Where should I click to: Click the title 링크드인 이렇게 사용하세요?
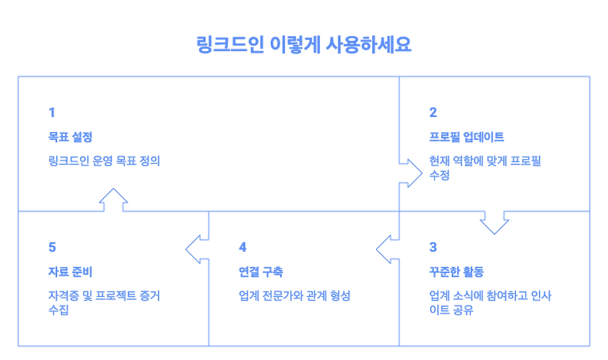304,45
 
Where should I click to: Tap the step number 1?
52,113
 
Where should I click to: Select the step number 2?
433,113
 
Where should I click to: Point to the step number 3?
433,247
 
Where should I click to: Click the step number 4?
242,247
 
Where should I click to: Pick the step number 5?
52,247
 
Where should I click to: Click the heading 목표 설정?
70,137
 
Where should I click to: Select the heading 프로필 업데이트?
466,137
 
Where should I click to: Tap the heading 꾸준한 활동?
456,272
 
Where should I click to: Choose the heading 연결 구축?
261,272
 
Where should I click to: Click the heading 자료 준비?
70,272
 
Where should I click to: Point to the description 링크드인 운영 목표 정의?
104,161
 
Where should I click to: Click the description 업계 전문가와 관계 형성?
294,295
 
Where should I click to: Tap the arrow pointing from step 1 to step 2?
410,173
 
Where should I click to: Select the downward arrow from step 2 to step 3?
494,223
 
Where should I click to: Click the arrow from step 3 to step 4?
388,249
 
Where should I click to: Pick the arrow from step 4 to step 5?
197,249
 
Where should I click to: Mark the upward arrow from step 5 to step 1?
114,200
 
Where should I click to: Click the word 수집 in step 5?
58,310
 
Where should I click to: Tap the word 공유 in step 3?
463,310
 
